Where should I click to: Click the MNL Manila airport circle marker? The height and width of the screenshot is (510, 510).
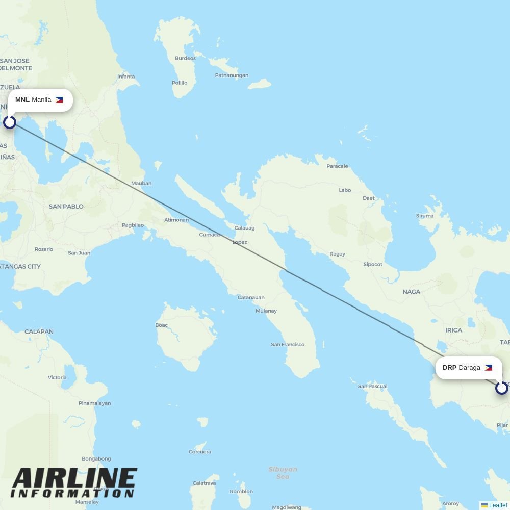(x=10, y=122)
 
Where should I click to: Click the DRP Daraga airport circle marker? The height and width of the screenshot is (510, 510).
(x=501, y=388)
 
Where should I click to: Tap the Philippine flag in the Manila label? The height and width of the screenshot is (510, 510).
(x=59, y=100)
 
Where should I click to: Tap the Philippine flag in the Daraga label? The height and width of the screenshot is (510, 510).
(x=488, y=368)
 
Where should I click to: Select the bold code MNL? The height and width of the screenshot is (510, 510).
(x=22, y=100)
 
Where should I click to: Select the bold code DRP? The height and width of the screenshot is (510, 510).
(x=449, y=368)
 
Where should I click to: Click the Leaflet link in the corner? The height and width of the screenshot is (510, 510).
(x=498, y=505)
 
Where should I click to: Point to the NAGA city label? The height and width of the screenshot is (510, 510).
(x=412, y=292)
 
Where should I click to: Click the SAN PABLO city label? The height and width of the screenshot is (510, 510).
(x=66, y=207)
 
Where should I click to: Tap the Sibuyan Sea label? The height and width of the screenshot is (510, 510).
(x=283, y=473)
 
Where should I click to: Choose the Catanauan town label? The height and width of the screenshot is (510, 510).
(x=251, y=297)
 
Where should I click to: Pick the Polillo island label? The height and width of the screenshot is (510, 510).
(x=180, y=83)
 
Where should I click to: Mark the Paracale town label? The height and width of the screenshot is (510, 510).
(x=337, y=166)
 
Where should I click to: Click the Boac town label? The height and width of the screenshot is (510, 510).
(x=162, y=325)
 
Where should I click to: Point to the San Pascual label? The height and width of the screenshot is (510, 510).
(x=372, y=386)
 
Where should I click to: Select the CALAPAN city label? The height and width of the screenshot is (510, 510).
(x=39, y=331)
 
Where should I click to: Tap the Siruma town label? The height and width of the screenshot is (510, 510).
(x=425, y=216)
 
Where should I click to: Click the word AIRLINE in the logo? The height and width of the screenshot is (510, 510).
(x=74, y=479)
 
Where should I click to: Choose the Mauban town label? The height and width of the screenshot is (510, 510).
(x=141, y=183)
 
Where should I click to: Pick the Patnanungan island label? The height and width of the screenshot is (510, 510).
(x=232, y=75)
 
